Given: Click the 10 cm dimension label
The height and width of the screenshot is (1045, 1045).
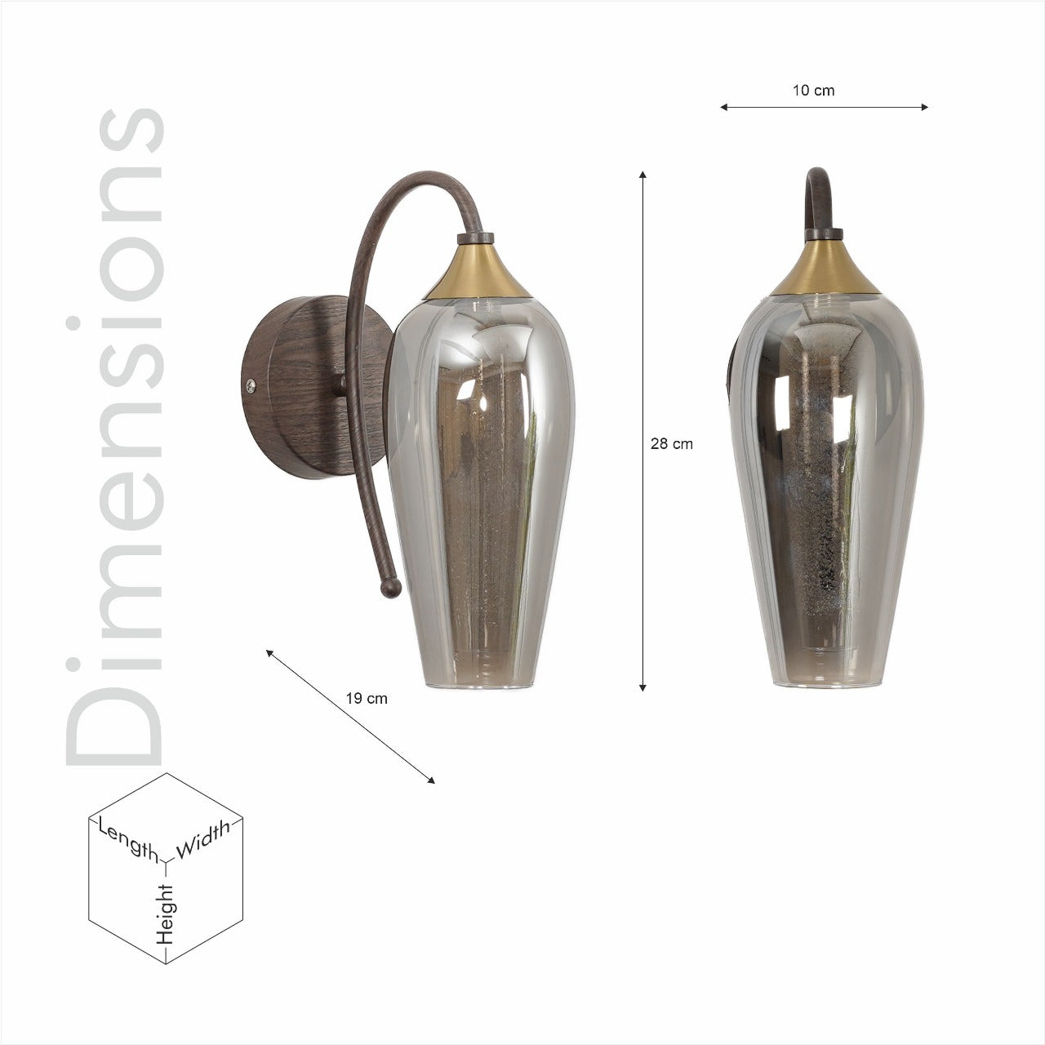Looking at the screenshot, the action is click(x=813, y=91).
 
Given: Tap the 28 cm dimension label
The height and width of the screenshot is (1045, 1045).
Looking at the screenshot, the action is click(x=671, y=444).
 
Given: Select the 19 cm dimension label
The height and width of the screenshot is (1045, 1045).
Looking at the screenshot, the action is click(x=367, y=699).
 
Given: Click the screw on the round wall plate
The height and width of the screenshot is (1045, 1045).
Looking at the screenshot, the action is click(x=251, y=385).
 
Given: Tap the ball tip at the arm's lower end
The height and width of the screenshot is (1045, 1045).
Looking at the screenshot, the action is click(x=390, y=588).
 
